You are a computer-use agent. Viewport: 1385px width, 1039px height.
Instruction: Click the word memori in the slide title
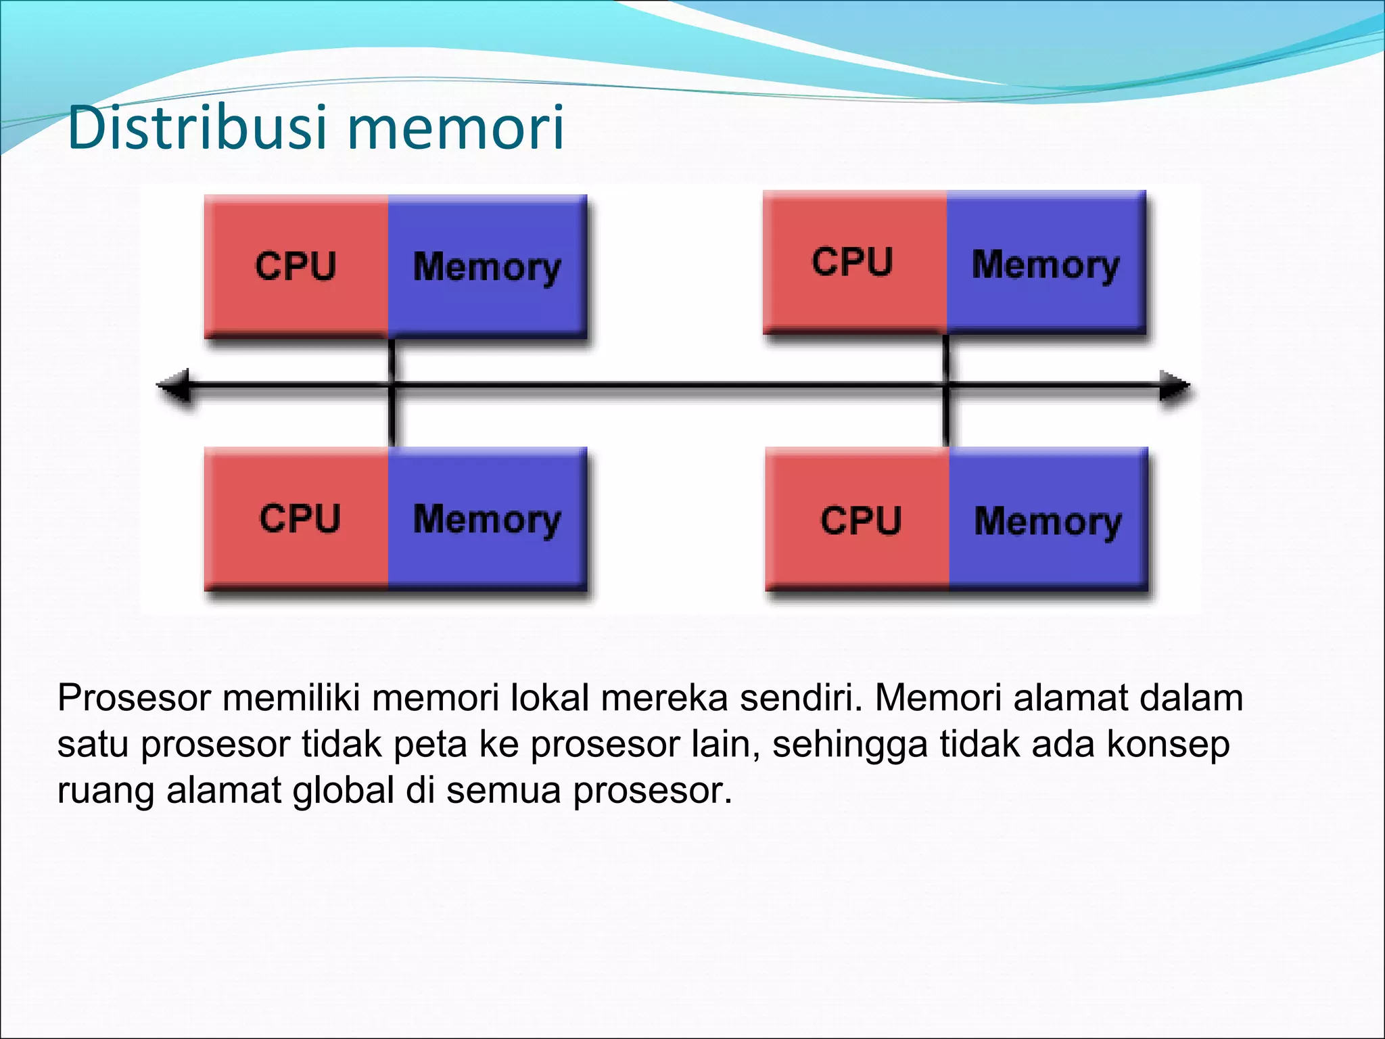click(x=457, y=128)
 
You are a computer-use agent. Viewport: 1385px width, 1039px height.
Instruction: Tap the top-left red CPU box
click(x=296, y=265)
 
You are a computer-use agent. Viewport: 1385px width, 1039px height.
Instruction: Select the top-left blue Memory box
click(x=487, y=265)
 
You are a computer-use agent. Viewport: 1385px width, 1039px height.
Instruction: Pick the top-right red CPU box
click(x=854, y=262)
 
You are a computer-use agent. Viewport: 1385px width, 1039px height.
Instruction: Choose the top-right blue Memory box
click(x=1046, y=263)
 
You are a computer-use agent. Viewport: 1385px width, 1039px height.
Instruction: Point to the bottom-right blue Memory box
click(x=1048, y=521)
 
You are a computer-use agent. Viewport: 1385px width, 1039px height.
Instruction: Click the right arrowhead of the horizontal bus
click(x=1174, y=386)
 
